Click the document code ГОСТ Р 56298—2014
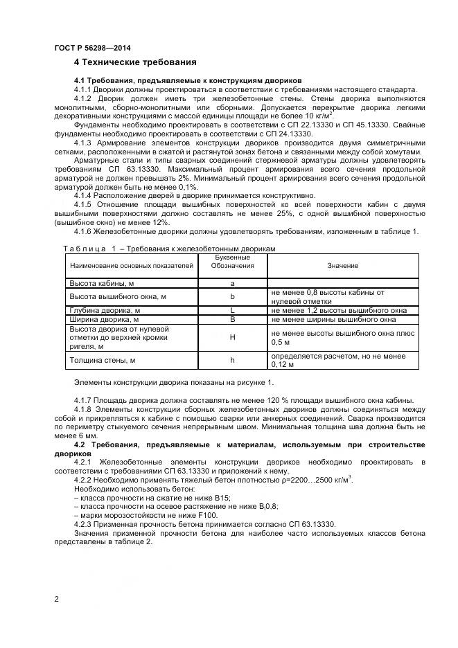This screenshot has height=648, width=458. pyautogui.click(x=92, y=48)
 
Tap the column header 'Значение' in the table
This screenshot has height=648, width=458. pyautogui.click(x=342, y=265)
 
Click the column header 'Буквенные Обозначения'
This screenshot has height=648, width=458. pyautogui.click(x=233, y=261)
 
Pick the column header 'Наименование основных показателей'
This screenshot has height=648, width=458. pyautogui.click(x=131, y=265)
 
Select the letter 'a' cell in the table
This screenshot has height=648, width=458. pyautogui.click(x=233, y=283)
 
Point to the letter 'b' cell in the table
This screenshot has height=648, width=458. pyautogui.click(x=233, y=296)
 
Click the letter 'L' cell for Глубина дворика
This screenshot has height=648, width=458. pyautogui.click(x=233, y=310)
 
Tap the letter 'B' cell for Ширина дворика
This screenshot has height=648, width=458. pyautogui.click(x=233, y=320)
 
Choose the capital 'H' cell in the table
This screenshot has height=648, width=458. pyautogui.click(x=233, y=338)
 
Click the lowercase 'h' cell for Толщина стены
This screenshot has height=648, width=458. pyautogui.click(x=233, y=360)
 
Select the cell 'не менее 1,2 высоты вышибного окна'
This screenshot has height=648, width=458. pyautogui.click(x=339, y=310)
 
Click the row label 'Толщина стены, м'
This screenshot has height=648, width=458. pyautogui.click(x=101, y=360)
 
